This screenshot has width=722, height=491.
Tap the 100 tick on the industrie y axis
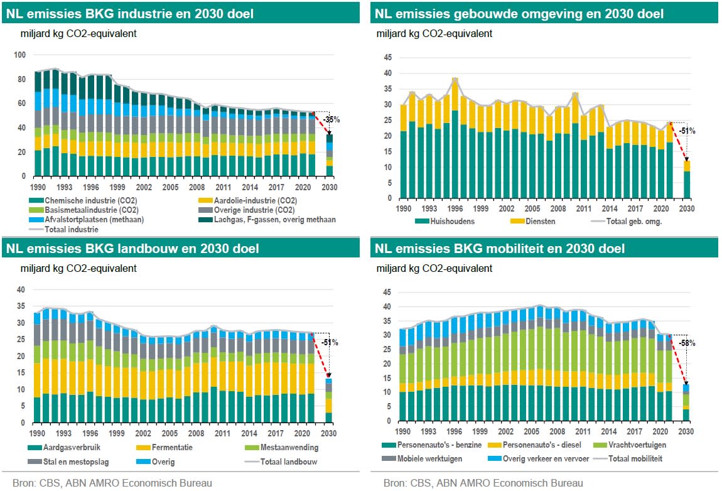point(20,55)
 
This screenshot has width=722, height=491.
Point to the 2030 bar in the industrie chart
point(329,154)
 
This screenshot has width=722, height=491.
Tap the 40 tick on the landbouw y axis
point(20,290)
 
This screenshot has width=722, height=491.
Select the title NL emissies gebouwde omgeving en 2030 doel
point(519,14)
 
